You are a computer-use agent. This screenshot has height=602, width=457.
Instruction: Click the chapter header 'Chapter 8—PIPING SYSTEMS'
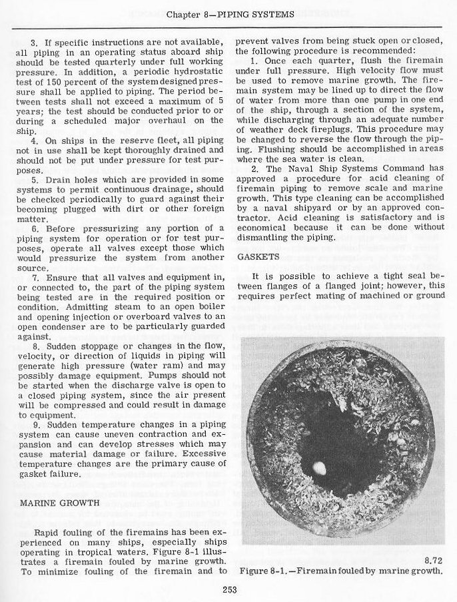tap(228, 15)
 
